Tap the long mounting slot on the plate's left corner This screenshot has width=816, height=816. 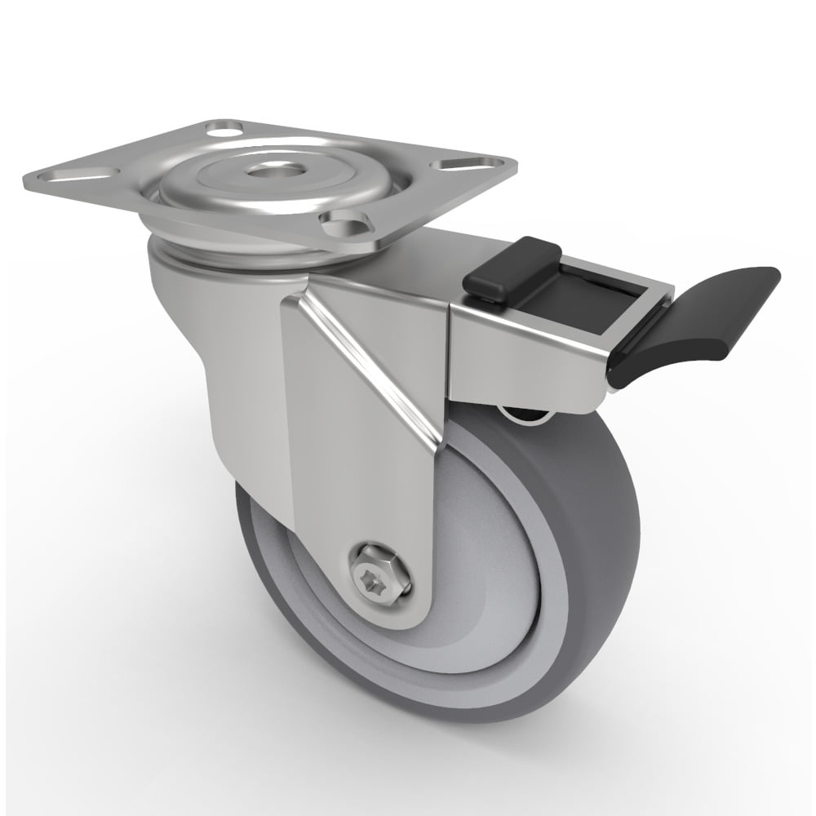point(86,174)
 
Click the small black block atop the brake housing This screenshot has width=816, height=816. point(512,265)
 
